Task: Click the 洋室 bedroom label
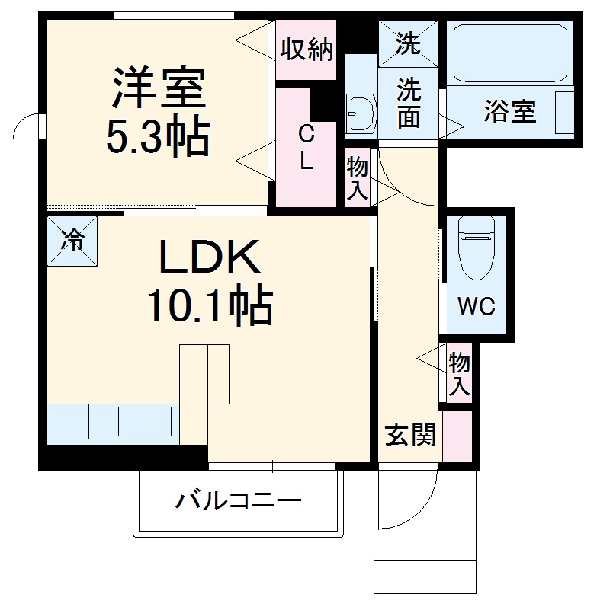pyautogui.click(x=159, y=89)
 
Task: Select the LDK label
pyautogui.click(x=209, y=259)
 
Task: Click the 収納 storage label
pyautogui.click(x=306, y=50)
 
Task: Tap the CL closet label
pyautogui.click(x=305, y=148)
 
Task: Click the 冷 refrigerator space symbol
pyautogui.click(x=72, y=241)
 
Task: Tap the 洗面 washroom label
pyautogui.click(x=408, y=105)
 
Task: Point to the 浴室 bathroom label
pyautogui.click(x=509, y=111)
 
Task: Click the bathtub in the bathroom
pyautogui.click(x=509, y=55)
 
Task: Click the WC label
pyautogui.click(x=476, y=307)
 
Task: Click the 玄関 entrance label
pyautogui.click(x=409, y=436)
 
